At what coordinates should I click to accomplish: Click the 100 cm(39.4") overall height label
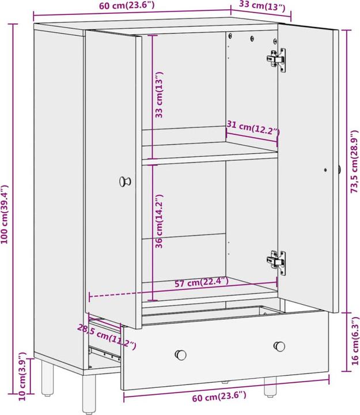6,215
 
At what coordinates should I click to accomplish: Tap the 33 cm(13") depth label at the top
261,7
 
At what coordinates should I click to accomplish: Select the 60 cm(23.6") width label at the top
126,6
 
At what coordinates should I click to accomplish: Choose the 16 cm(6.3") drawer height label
353,339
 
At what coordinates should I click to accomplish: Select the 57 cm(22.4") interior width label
202,282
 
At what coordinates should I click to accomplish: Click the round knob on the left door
125,182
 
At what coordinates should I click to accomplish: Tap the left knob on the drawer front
181,353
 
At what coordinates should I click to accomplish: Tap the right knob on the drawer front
280,346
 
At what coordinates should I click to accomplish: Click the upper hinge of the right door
276,59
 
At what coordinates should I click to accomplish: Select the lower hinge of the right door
276,261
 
